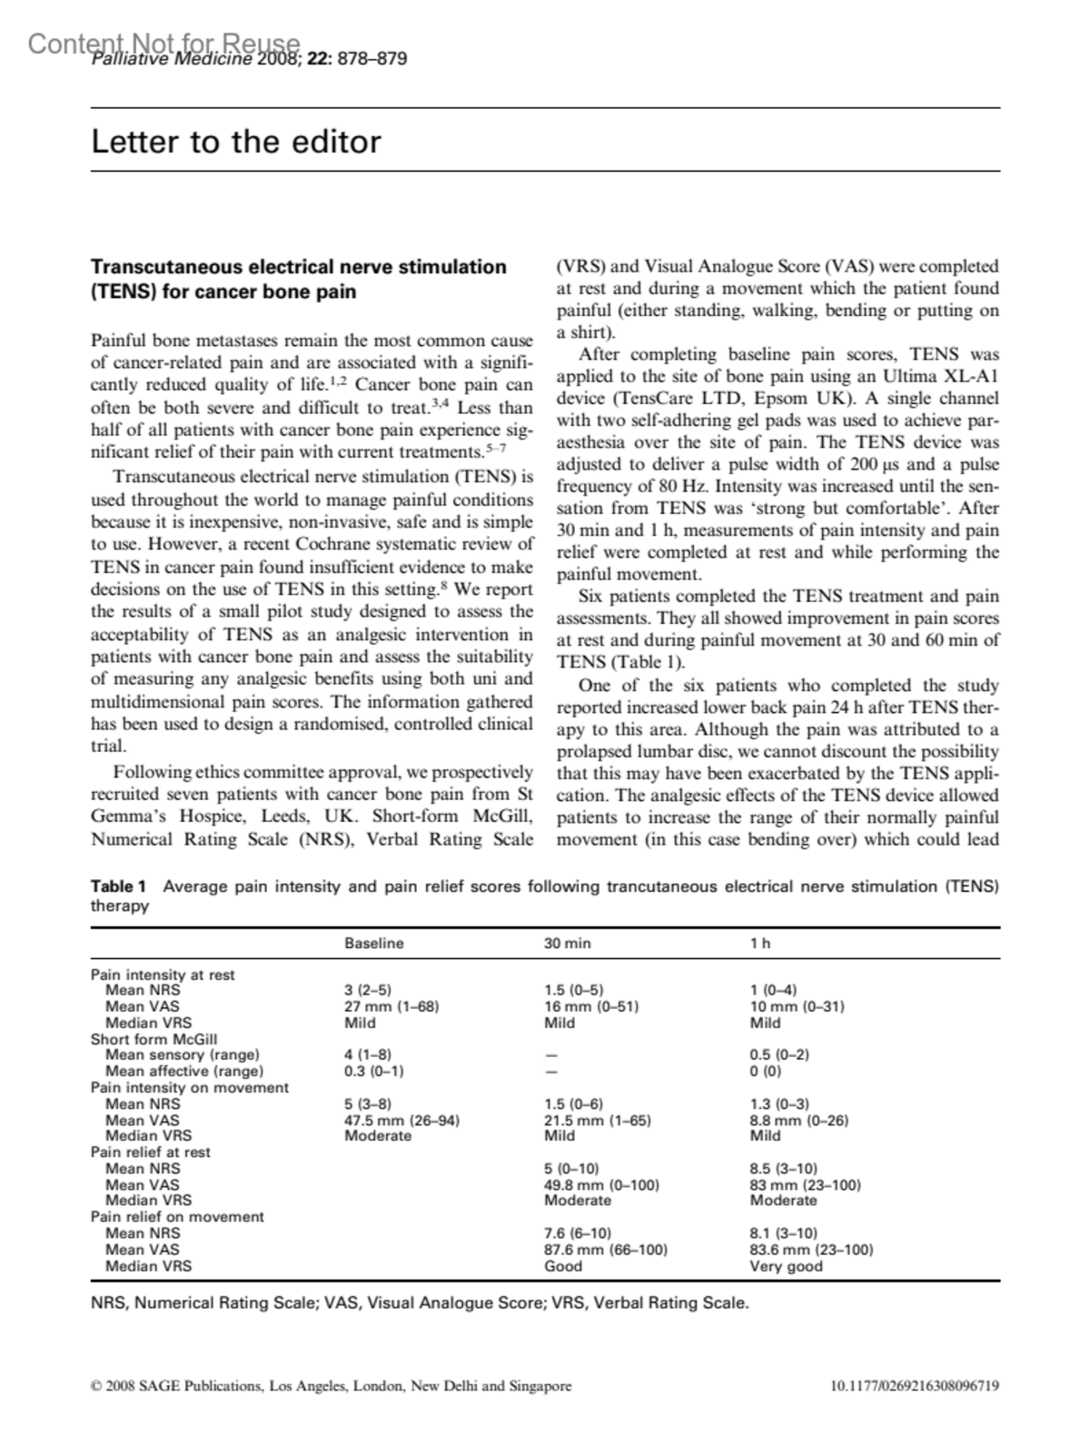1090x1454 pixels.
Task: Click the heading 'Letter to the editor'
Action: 236,142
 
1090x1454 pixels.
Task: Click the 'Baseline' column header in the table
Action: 373,944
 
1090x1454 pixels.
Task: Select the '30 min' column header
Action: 567,944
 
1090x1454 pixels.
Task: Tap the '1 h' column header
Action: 759,944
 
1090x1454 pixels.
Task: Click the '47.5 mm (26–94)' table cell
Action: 401,1120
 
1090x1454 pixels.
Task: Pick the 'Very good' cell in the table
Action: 786,1266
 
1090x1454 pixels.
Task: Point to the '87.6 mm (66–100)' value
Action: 605,1250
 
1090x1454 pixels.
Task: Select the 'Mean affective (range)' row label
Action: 184,1071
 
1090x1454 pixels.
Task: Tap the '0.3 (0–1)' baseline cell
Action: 373,1071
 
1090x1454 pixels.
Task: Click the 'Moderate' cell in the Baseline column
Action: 377,1135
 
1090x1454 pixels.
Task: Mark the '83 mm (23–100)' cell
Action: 805,1185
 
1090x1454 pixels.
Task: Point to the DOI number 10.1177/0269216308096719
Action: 915,1386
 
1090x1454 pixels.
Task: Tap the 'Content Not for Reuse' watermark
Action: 163,43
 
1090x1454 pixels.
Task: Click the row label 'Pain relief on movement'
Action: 177,1217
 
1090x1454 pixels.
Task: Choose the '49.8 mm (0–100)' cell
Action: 601,1185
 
